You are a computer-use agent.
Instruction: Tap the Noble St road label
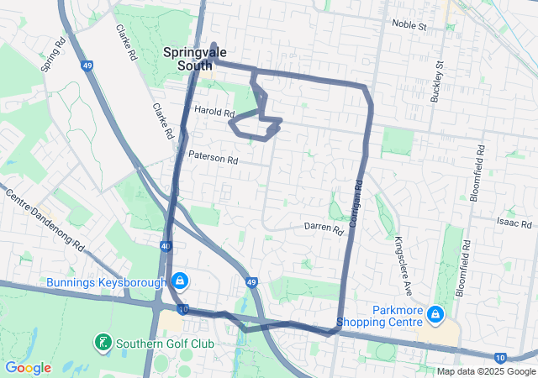click(x=410, y=26)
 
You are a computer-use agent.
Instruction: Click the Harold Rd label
click(x=214, y=111)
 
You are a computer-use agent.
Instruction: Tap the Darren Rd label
click(x=324, y=228)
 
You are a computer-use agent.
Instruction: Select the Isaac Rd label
click(x=514, y=224)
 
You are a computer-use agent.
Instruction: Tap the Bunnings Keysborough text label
click(x=106, y=282)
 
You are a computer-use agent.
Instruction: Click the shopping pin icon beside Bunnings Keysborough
click(x=179, y=281)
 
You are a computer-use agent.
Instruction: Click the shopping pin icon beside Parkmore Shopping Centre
click(x=435, y=315)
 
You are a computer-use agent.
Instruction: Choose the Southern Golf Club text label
click(x=166, y=343)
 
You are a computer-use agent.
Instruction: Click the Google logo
click(x=28, y=368)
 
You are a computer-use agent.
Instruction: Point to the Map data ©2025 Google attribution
click(x=485, y=371)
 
